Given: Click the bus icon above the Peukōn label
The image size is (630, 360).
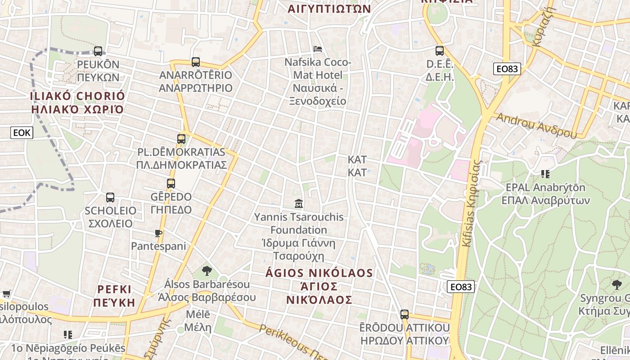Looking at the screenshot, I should pyautogui.click(x=98, y=51).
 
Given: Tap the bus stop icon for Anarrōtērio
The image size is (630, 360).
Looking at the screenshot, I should pyautogui.click(x=195, y=62).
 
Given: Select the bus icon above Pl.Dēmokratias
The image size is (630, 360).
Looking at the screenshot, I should pyautogui.click(x=181, y=139).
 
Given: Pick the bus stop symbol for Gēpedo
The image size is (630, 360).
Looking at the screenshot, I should pyautogui.click(x=171, y=184).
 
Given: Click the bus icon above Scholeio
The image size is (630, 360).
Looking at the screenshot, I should pyautogui.click(x=110, y=197).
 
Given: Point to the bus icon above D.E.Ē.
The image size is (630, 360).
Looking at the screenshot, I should pyautogui.click(x=440, y=51).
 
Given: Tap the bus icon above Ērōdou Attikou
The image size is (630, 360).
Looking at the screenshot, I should pyautogui.click(x=405, y=314).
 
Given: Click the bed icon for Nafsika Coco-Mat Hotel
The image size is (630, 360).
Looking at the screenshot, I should pyautogui.click(x=318, y=49).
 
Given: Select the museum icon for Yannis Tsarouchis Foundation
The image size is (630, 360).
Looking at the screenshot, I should pyautogui.click(x=298, y=204).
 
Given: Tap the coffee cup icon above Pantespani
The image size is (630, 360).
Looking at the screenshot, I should pyautogui.click(x=158, y=233).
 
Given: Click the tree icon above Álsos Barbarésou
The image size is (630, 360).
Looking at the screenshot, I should pyautogui.click(x=207, y=270).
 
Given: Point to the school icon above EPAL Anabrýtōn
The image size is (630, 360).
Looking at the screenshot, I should pyautogui.click(x=545, y=174).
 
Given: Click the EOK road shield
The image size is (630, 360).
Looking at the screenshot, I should pyautogui.click(x=22, y=132).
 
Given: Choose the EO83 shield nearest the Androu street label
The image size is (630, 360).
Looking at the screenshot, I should pyautogui.click(x=507, y=69).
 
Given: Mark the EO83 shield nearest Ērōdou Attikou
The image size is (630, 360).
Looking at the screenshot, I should pyautogui.click(x=461, y=286).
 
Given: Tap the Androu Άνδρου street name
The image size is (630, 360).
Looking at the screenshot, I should pyautogui.click(x=536, y=126).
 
